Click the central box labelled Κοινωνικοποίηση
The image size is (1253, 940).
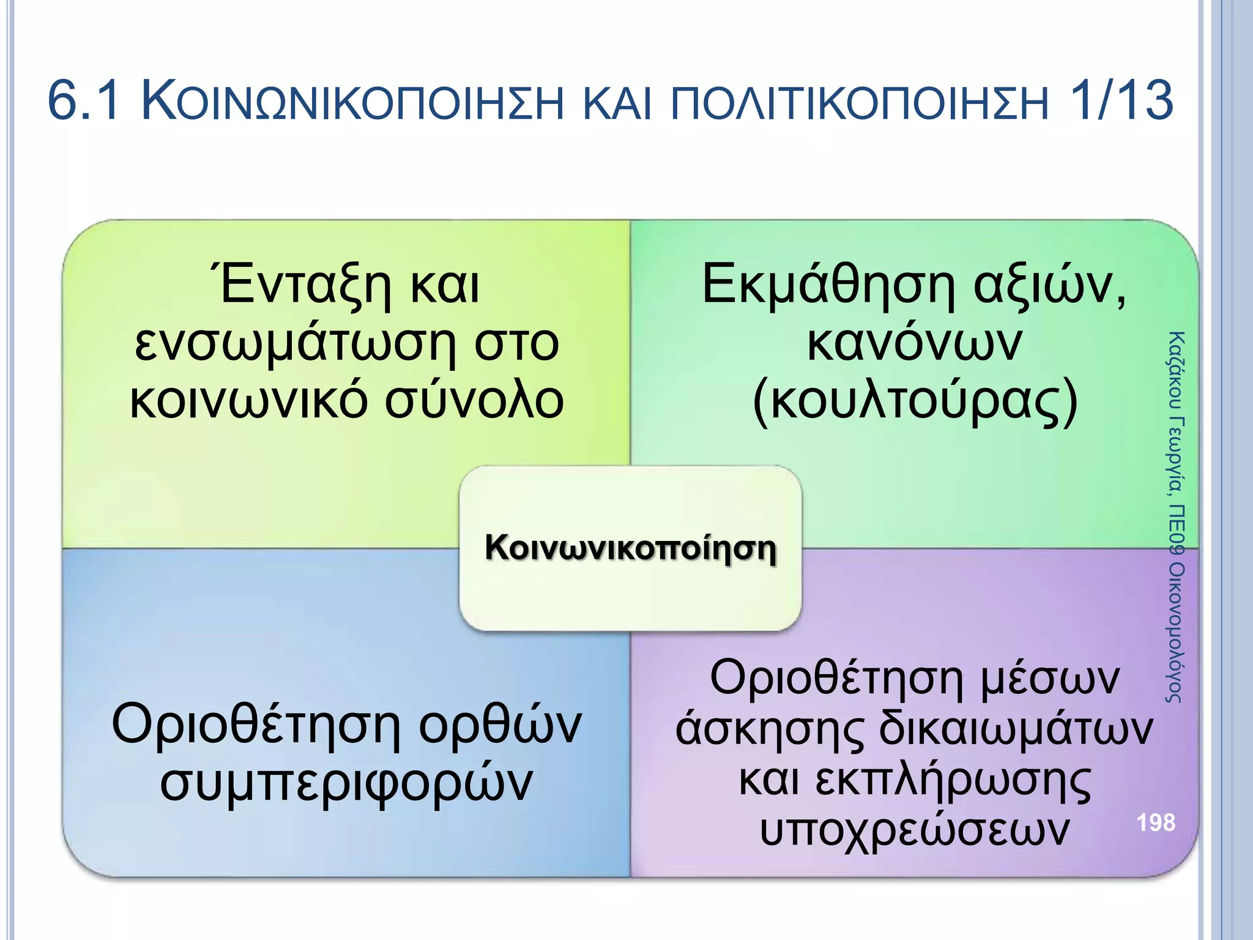630,548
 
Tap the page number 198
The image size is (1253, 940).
1156,822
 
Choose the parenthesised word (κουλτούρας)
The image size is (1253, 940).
914,402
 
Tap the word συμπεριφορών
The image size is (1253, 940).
346,783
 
